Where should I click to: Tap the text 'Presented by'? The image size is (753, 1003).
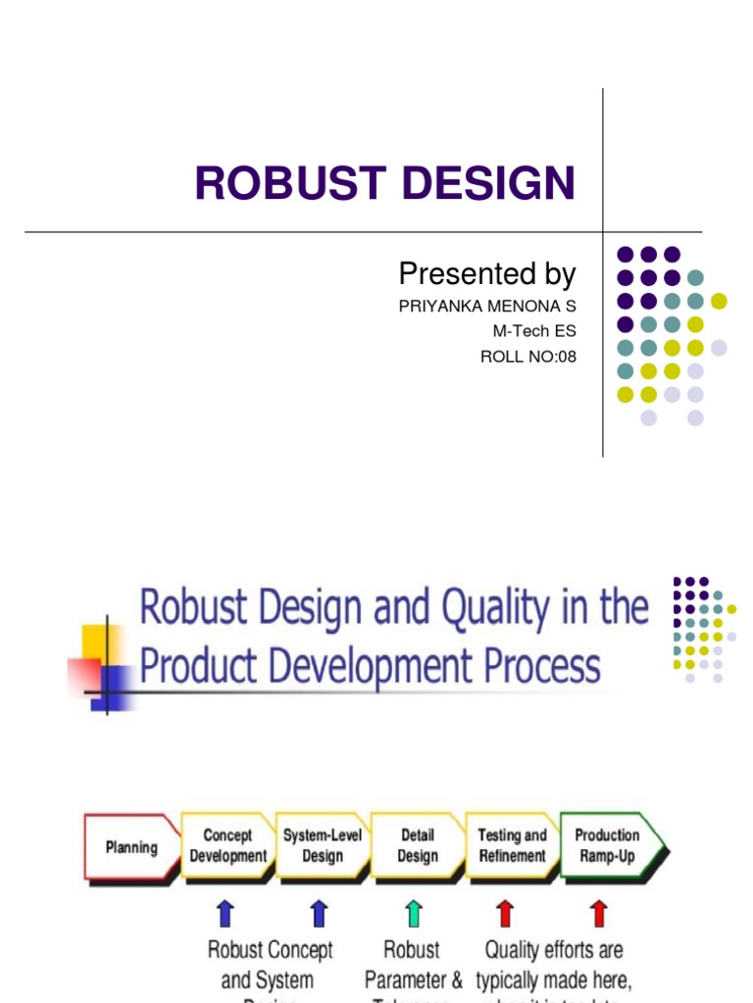(487, 273)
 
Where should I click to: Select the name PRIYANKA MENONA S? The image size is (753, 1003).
(487, 307)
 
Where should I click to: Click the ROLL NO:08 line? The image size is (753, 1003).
(528, 357)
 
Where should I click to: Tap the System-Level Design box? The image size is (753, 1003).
(323, 845)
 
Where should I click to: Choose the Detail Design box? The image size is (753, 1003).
(418, 845)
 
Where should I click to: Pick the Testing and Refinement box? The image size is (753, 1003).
(512, 845)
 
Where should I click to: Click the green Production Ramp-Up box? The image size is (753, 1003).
(608, 845)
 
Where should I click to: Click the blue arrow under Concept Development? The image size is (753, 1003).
(226, 914)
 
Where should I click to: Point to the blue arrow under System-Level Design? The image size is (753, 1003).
(319, 914)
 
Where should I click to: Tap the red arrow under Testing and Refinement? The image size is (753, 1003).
(505, 914)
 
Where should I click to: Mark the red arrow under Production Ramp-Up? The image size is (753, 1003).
(599, 914)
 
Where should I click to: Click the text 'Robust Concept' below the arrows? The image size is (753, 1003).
(271, 950)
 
